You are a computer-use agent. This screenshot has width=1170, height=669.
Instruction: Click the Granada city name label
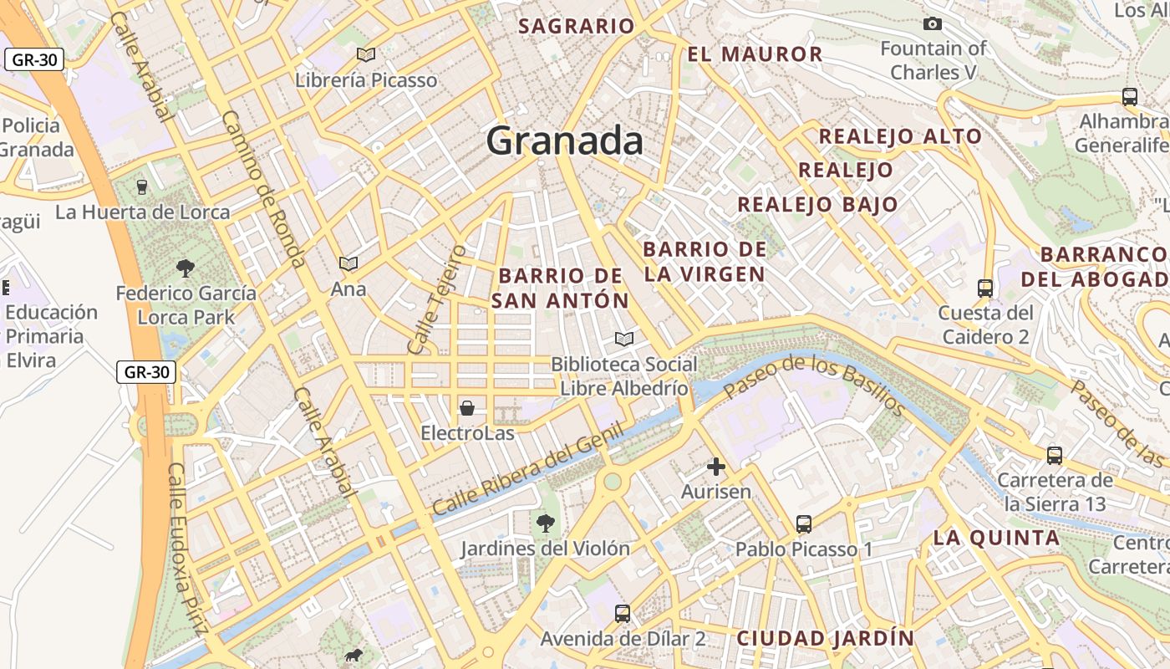point(565,140)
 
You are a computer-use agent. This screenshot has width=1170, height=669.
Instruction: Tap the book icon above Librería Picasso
point(365,54)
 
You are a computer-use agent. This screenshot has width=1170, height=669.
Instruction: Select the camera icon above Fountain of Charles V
point(933,23)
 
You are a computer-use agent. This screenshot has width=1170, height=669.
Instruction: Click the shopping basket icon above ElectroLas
point(467,408)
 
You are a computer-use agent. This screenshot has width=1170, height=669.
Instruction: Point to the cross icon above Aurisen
point(715,467)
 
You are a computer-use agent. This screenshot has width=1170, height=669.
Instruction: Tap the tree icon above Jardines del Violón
point(546,523)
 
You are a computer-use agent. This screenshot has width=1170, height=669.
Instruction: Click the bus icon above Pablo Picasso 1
point(804,524)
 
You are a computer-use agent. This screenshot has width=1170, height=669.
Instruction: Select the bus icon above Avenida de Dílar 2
point(623,613)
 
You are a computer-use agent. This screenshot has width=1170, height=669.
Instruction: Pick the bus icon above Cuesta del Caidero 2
point(985,289)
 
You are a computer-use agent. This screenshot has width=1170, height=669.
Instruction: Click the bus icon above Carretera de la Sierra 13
point(1055,456)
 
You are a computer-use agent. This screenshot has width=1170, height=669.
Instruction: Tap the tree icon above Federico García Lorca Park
point(186,268)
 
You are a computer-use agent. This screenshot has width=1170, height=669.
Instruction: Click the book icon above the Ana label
point(348,264)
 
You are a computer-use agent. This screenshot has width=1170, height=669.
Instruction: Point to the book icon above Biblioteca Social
point(623,339)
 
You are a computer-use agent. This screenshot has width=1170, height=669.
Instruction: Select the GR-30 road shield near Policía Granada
point(34,59)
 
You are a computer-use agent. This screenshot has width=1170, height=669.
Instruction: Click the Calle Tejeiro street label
point(435,298)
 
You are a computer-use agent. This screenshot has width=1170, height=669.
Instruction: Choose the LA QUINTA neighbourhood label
point(996,538)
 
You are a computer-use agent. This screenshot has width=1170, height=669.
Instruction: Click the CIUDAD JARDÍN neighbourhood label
point(825,638)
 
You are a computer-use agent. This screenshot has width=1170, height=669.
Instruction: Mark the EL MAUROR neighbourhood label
point(755,55)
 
